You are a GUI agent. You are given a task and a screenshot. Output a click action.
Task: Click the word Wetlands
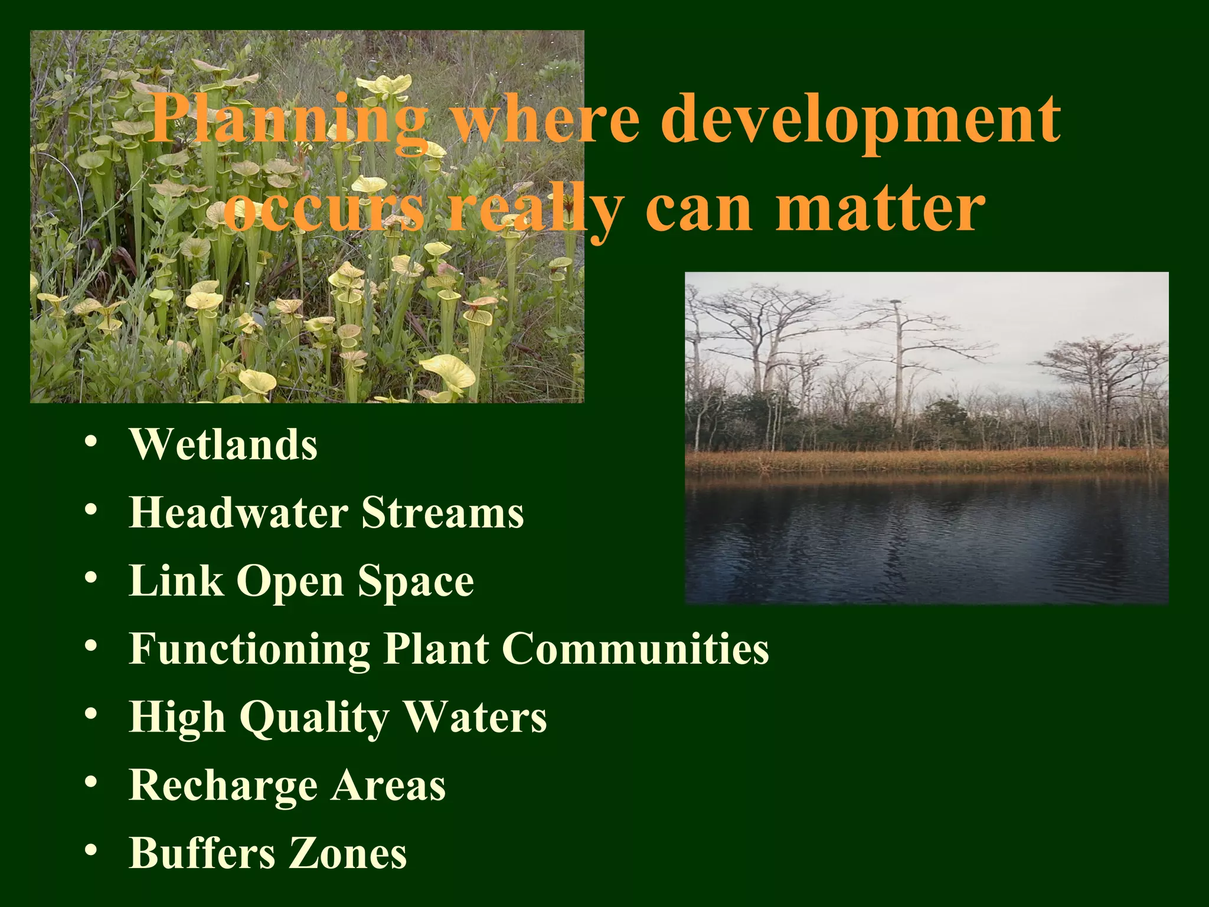pyautogui.click(x=223, y=444)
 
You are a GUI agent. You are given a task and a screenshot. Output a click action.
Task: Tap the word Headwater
pyautogui.click(x=238, y=512)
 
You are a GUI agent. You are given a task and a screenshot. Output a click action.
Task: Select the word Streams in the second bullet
pyautogui.click(x=442, y=512)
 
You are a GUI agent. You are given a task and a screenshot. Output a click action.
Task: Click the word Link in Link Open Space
pyautogui.click(x=175, y=580)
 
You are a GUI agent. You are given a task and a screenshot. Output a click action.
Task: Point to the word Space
pyautogui.click(x=416, y=582)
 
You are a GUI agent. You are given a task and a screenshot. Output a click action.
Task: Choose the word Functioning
pyautogui.click(x=249, y=649)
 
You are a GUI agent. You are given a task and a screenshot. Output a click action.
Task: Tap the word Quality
pyautogui.click(x=314, y=718)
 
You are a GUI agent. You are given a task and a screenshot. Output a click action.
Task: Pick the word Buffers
pyautogui.click(x=201, y=853)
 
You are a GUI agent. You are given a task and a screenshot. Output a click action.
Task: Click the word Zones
pyautogui.click(x=348, y=853)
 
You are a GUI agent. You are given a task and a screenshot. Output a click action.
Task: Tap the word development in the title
pyautogui.click(x=860, y=120)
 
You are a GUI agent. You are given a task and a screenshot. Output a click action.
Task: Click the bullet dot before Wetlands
pyautogui.click(x=90, y=443)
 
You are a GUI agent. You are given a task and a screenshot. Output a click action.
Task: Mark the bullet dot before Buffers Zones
pyautogui.click(x=90, y=851)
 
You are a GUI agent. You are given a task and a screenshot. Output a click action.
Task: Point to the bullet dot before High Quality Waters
pyautogui.click(x=90, y=715)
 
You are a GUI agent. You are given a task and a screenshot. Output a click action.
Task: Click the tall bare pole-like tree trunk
pyautogui.click(x=899, y=366)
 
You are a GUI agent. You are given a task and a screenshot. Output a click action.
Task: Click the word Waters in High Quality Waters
pyautogui.click(x=475, y=717)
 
